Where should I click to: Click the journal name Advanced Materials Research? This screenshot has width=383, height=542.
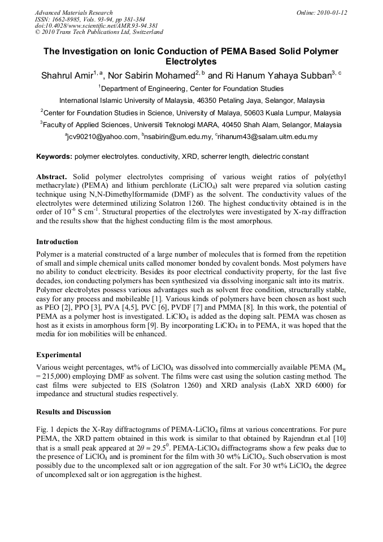(73, 12)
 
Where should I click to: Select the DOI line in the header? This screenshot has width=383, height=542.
(96, 25)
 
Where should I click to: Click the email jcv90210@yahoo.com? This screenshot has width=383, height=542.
(102, 137)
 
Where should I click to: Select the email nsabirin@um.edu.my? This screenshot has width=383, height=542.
(179, 137)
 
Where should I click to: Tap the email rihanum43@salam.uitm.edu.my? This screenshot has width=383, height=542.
(267, 137)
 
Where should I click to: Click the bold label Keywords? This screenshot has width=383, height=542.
(54, 156)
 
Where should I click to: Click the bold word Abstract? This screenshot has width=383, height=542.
(52, 176)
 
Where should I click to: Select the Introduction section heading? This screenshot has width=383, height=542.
(57, 242)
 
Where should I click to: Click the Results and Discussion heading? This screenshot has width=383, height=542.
(73, 411)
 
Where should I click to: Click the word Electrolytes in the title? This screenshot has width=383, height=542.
(191, 62)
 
